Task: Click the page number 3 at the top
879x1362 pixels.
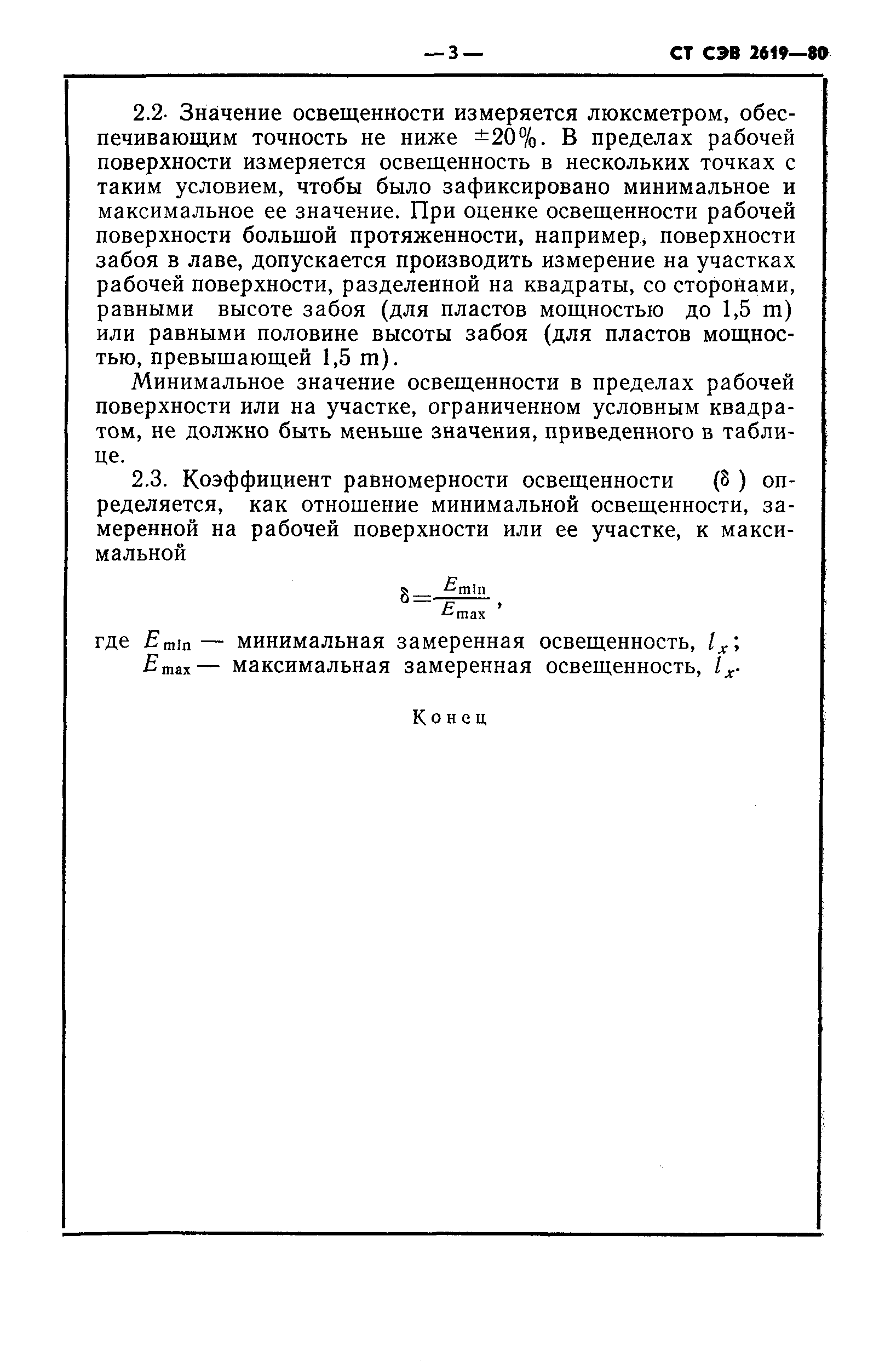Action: click(x=454, y=54)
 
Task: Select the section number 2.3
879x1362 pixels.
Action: click(x=148, y=480)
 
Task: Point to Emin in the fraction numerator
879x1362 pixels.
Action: click(x=464, y=585)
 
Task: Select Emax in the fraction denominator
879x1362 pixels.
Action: click(x=463, y=612)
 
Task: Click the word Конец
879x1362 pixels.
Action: click(x=450, y=718)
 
